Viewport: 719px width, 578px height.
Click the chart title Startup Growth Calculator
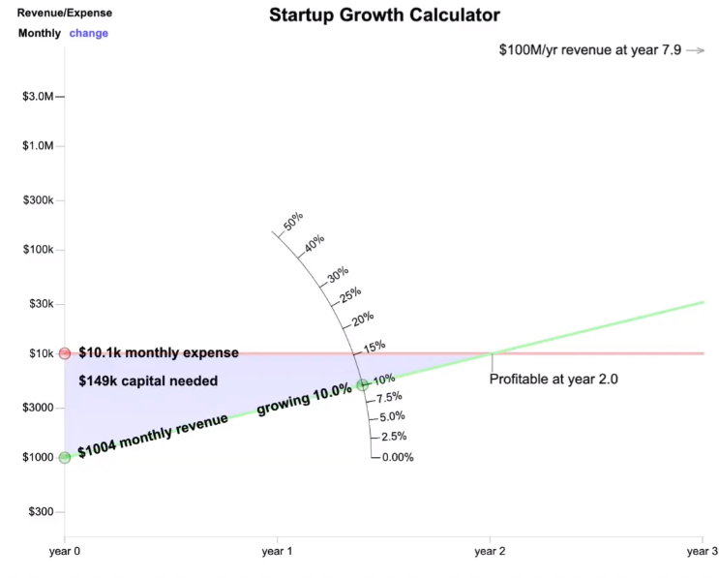tap(384, 15)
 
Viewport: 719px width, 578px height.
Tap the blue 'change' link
tap(88, 33)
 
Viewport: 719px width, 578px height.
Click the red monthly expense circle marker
tap(65, 353)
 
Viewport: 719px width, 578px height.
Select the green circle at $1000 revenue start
tap(65, 457)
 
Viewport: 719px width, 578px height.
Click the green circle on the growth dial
tap(363, 384)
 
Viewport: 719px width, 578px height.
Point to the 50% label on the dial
tap(293, 221)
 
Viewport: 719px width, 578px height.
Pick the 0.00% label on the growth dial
tap(398, 457)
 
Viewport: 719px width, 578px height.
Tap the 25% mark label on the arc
tap(350, 295)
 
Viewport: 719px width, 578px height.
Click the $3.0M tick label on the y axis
tap(38, 97)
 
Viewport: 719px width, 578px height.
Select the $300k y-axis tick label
tap(38, 200)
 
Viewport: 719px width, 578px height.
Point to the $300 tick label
tap(41, 511)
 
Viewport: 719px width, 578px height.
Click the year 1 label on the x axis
tap(277, 551)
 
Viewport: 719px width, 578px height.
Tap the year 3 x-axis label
tap(703, 551)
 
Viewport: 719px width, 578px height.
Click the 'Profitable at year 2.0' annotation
tap(554, 379)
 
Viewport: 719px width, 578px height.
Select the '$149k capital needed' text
tap(148, 380)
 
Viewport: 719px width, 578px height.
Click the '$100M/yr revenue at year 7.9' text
tap(590, 49)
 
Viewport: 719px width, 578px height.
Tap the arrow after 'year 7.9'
tap(696, 50)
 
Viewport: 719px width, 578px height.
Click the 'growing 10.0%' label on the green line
tap(304, 399)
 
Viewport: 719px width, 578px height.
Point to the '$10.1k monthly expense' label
tap(159, 352)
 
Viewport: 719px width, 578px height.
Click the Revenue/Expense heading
tap(65, 13)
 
